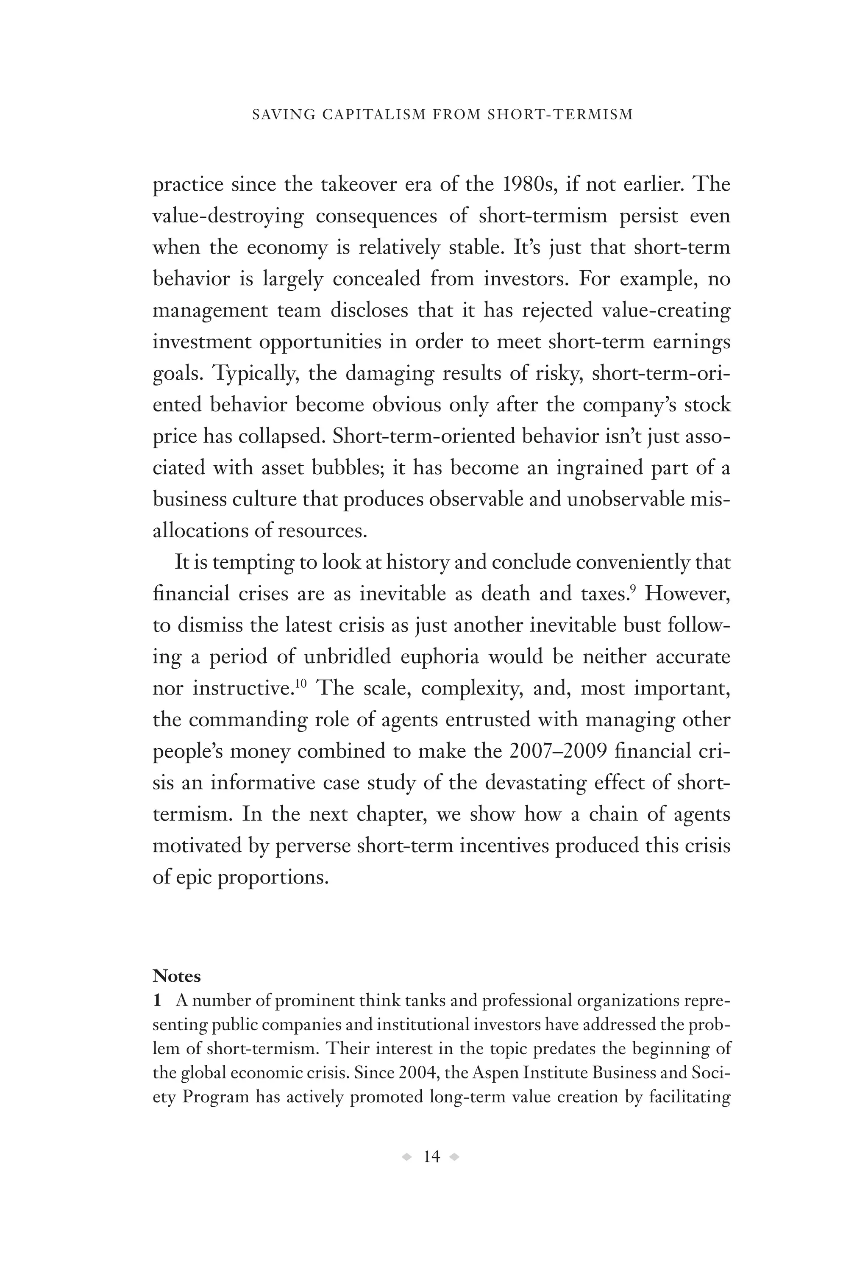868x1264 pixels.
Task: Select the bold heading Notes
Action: pyautogui.click(x=176, y=976)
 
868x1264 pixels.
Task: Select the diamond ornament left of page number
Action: pyautogui.click(x=406, y=1157)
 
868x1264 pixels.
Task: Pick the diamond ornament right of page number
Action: pyautogui.click(x=455, y=1157)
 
